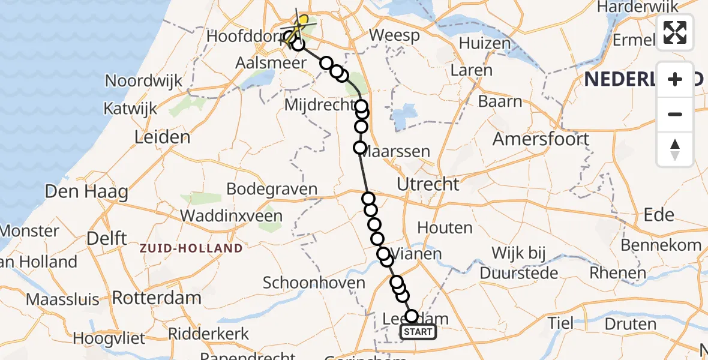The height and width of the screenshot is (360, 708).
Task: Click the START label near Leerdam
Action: point(418,332)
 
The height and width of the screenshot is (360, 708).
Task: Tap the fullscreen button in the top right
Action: point(675,32)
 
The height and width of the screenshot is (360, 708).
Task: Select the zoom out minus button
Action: point(675,114)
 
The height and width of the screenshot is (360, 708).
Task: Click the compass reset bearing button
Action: point(675,149)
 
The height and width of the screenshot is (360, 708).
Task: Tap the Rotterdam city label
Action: point(157,298)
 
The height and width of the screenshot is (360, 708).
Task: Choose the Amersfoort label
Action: point(541,139)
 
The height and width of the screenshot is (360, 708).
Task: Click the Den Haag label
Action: point(86,192)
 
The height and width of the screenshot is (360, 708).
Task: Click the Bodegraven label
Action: point(272,189)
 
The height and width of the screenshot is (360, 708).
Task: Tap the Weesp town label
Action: point(394,35)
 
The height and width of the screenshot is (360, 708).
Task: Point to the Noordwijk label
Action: point(144,81)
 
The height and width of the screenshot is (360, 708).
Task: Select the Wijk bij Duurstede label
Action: point(517,263)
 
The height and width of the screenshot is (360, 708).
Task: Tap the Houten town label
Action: point(445,227)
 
